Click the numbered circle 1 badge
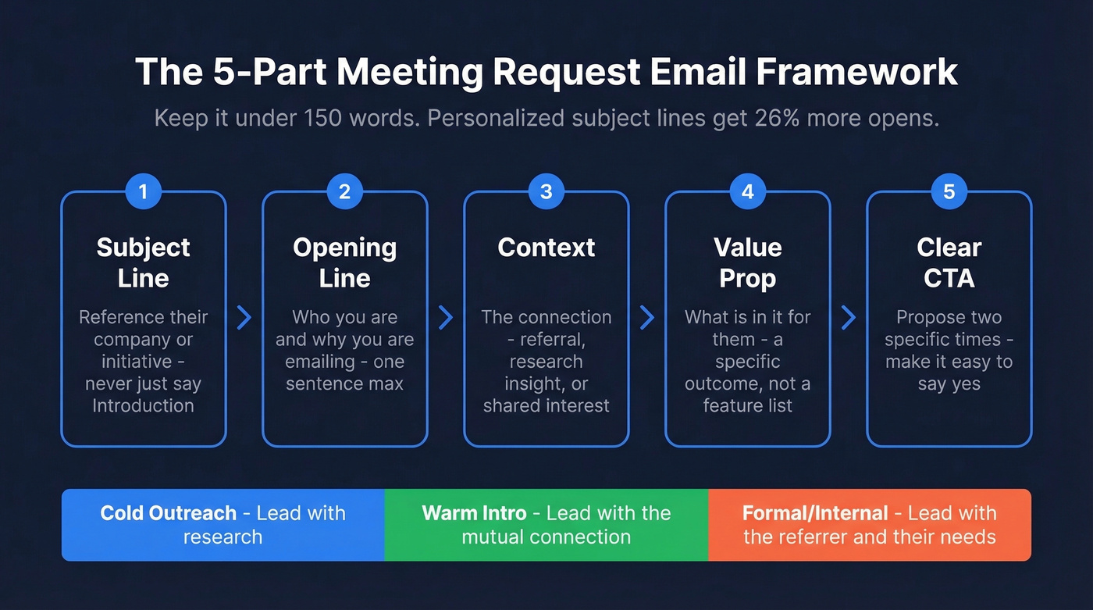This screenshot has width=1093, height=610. [x=144, y=191]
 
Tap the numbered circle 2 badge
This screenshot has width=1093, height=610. [x=345, y=191]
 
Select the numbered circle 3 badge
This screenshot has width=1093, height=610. [x=546, y=191]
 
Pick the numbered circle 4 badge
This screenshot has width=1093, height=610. [x=748, y=191]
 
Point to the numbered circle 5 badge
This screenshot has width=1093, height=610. [x=949, y=191]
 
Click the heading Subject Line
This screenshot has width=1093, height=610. [x=144, y=262]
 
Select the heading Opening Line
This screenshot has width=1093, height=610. [x=345, y=262]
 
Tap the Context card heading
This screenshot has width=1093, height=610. [x=546, y=248]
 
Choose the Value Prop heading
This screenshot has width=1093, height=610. [x=748, y=262]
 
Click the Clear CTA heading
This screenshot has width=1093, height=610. [x=949, y=262]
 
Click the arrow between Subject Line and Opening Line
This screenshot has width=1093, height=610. [x=244, y=317]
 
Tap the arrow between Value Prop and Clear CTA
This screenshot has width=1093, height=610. [x=849, y=317]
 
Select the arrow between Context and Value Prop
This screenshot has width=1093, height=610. [x=647, y=317]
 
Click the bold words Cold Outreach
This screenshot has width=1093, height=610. [x=168, y=513]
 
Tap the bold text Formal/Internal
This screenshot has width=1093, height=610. [x=815, y=513]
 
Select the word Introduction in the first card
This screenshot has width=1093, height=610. [x=144, y=405]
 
